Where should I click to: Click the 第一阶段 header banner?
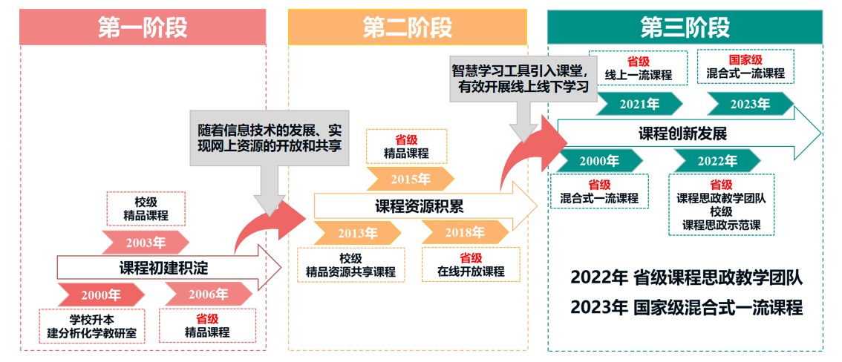(x=143, y=27)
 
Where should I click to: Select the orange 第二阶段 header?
(x=408, y=27)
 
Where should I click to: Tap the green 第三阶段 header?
(x=685, y=27)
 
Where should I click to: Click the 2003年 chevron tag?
(x=146, y=243)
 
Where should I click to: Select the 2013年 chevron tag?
(x=357, y=233)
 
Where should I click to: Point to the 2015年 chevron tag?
(x=410, y=179)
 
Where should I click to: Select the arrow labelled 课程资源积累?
(x=420, y=205)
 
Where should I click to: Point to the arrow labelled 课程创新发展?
(x=683, y=134)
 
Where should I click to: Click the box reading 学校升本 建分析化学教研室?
(x=92, y=326)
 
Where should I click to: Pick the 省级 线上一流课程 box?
(x=638, y=68)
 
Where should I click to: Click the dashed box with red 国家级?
(x=745, y=67)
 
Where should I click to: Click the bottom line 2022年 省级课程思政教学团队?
(x=687, y=277)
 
